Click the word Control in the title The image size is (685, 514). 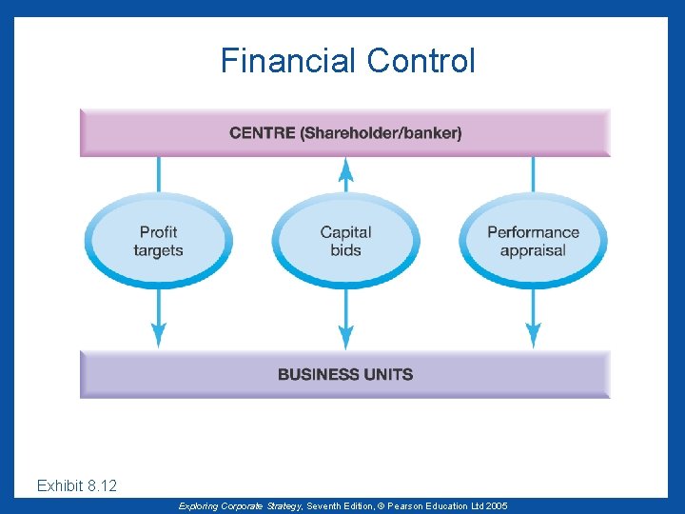pyautogui.click(x=420, y=62)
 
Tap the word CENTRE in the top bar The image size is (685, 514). pyautogui.click(x=263, y=133)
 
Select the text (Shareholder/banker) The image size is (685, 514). pyautogui.click(x=382, y=133)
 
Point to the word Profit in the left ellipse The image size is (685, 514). pyautogui.click(x=158, y=232)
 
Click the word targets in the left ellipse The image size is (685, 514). pyautogui.click(x=158, y=250)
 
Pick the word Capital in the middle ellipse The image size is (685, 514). pyautogui.click(x=345, y=232)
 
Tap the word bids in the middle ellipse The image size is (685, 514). pyautogui.click(x=345, y=250)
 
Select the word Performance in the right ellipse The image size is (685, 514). pyautogui.click(x=533, y=232)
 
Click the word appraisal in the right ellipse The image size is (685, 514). pyautogui.click(x=533, y=250)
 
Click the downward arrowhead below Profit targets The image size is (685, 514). pyautogui.click(x=159, y=335)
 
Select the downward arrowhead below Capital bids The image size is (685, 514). pyautogui.click(x=346, y=335)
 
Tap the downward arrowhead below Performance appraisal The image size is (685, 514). pyautogui.click(x=534, y=335)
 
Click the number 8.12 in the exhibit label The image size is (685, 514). pyautogui.click(x=102, y=486)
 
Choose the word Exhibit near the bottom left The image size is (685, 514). pyautogui.click(x=59, y=486)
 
